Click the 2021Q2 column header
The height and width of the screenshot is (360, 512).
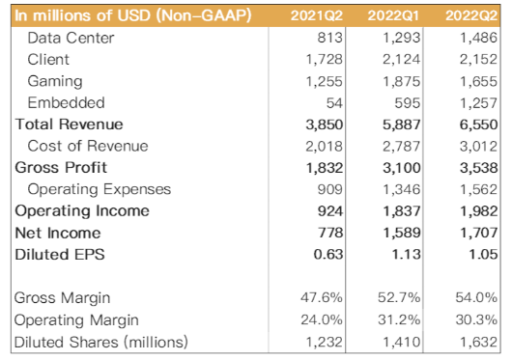point(317,15)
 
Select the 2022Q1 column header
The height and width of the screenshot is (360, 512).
point(393,15)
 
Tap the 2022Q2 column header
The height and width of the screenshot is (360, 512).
point(471,15)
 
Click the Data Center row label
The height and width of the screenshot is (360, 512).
point(71,38)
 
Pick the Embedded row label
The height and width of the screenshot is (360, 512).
point(66,102)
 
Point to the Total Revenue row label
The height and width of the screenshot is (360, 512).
point(69,125)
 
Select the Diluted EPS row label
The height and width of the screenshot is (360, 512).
point(60,255)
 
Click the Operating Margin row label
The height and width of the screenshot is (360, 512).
point(76,320)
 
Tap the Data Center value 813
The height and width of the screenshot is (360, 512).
point(329,38)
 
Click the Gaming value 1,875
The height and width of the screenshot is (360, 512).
point(401,81)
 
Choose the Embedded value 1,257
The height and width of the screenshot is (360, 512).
point(478,103)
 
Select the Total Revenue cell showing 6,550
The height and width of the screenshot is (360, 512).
point(478,125)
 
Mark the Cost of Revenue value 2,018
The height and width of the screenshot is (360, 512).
point(324,147)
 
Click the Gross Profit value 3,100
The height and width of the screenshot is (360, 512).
point(401,168)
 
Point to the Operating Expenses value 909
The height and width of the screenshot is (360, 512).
point(329,189)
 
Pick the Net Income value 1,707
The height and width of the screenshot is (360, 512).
point(478,233)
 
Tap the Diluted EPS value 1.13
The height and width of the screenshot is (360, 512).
point(406,255)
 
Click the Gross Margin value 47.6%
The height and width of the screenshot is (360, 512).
point(322,297)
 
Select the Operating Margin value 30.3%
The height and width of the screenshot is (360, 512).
point(476,319)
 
